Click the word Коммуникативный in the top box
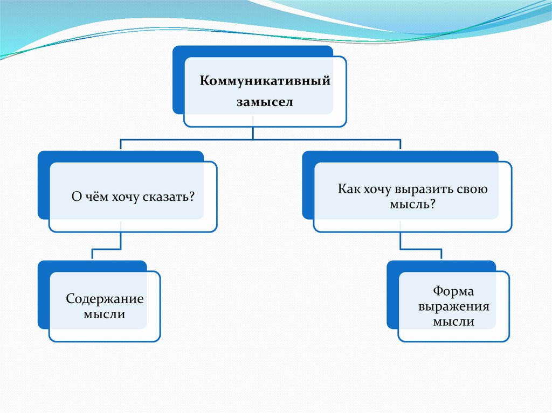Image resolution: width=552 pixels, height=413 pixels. pos(265,81)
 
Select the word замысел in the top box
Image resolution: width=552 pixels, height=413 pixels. pos(265,102)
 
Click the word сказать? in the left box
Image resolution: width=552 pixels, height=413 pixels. pos(169,197)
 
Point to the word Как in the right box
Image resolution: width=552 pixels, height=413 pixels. pos(349,189)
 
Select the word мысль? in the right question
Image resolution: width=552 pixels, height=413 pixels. pos(412,204)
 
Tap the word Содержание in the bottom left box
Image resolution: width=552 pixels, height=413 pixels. pos(105,299)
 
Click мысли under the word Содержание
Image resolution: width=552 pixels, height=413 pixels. pos(104,314)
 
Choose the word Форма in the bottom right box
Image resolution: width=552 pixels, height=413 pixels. pos(453,291)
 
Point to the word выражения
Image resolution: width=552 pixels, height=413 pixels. pos(453,306)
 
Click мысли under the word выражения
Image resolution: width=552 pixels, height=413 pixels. pos(453,321)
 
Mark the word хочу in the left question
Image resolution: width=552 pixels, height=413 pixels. pos(125,197)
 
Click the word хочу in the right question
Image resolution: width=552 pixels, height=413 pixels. pos(377,190)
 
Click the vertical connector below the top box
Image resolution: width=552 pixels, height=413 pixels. pos(253,132)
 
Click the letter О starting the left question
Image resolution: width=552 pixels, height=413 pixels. pos(77,197)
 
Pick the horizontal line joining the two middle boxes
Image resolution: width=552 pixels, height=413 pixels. pos(260,139)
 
